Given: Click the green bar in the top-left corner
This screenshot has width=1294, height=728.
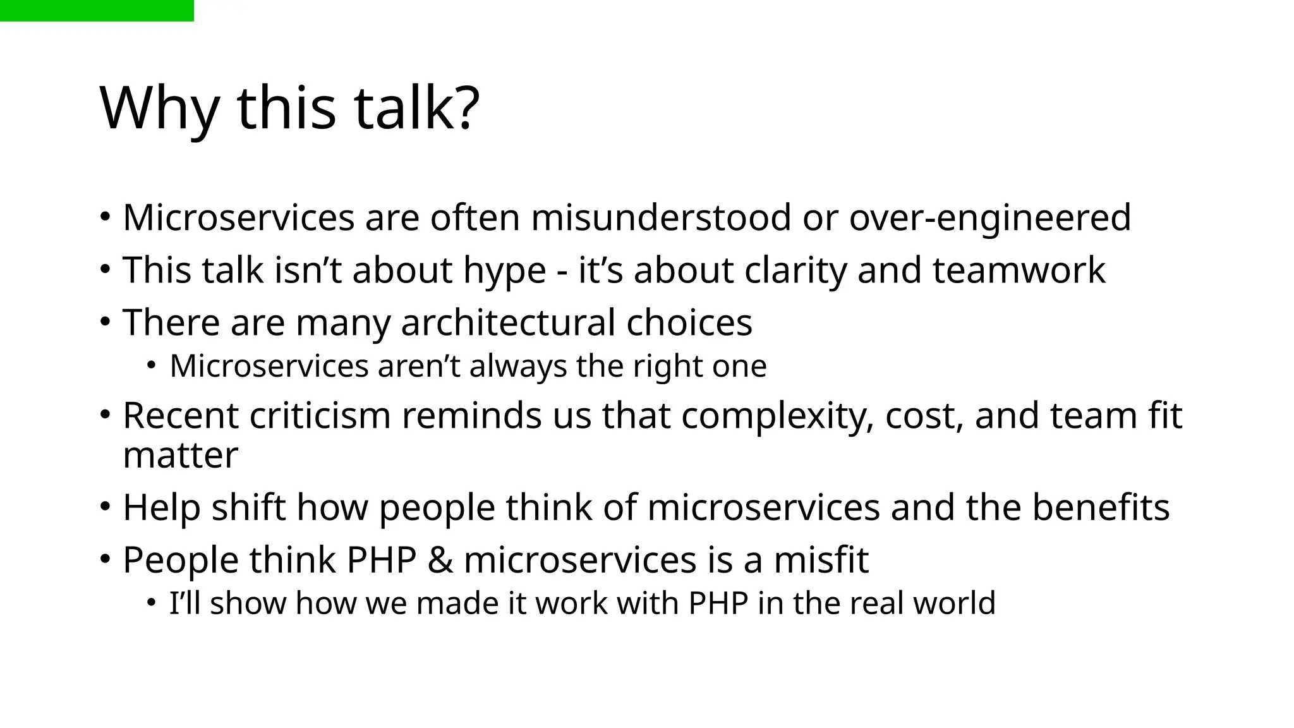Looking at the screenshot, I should coord(97,11).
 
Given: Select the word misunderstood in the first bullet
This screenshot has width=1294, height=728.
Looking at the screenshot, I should coord(661,218).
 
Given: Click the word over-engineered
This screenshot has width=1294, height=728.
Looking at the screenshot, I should coord(989,218).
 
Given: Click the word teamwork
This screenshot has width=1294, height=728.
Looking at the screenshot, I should coord(1019,270).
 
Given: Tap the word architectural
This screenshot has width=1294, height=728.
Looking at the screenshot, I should coord(508,323).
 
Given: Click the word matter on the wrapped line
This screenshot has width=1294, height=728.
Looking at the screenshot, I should coord(181,456).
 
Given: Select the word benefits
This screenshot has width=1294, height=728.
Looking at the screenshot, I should coord(1101,507).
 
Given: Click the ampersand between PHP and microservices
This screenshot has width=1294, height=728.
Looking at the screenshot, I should coord(440,561).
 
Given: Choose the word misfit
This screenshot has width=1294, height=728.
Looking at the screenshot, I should coord(821,560).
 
